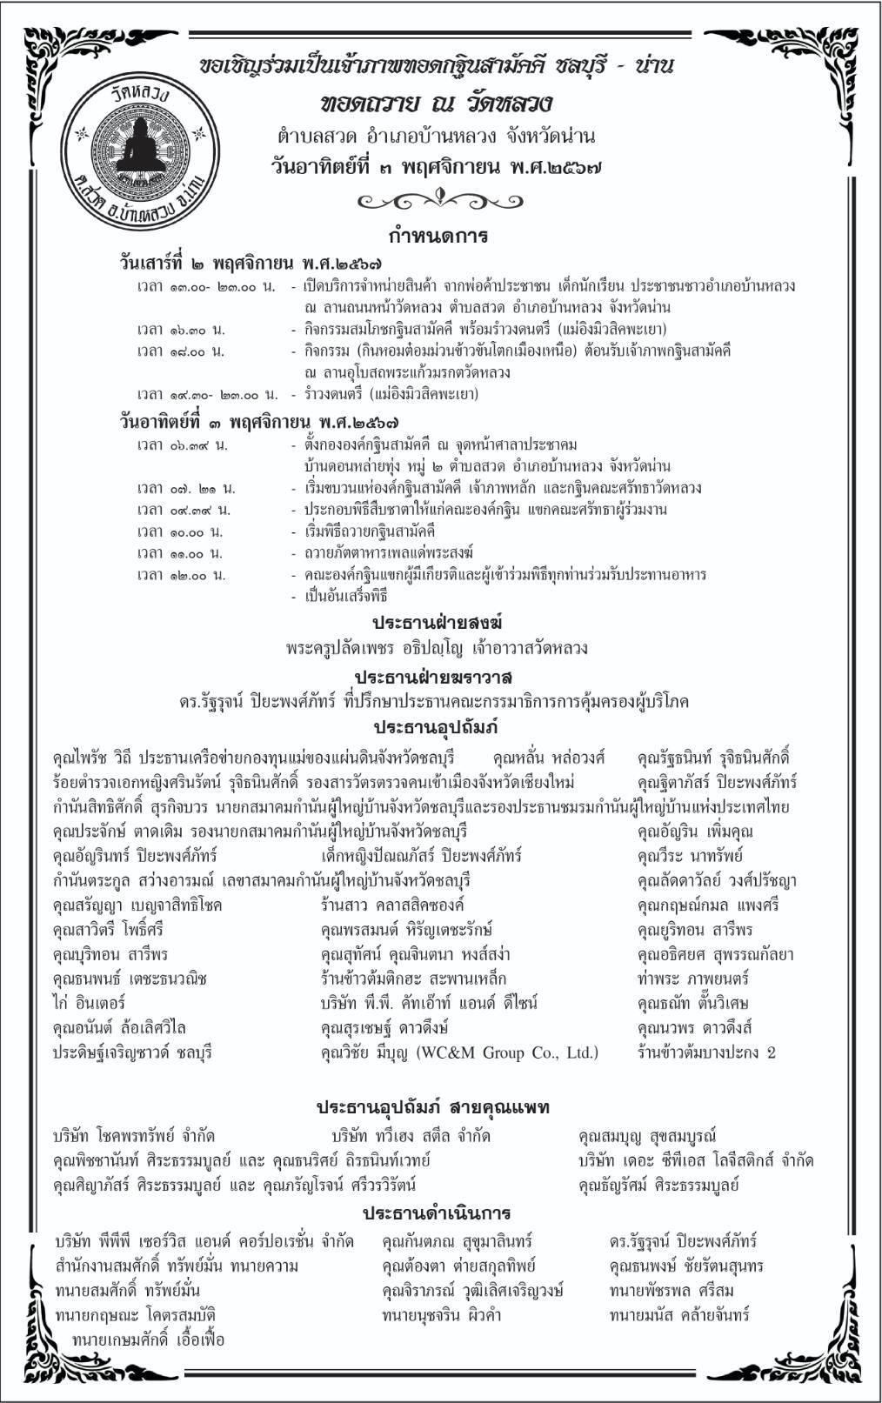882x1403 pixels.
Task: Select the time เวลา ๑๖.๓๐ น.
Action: (181, 330)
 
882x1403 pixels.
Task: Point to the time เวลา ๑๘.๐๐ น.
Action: (181, 351)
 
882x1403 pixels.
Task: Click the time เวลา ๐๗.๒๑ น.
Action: (185, 488)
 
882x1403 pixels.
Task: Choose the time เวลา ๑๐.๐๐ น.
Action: (180, 531)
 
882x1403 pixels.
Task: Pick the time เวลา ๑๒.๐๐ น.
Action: (181, 575)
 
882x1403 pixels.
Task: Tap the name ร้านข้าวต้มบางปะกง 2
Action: (705, 1053)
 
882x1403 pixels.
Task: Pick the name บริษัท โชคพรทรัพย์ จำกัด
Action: (134, 1136)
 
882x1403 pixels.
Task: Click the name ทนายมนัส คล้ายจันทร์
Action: (678, 1315)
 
